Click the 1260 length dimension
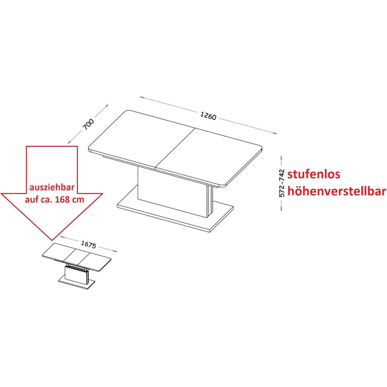(x=208, y=115)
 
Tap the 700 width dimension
(x=88, y=124)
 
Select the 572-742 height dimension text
(x=281, y=183)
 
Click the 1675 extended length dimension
(x=88, y=244)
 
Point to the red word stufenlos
(x=313, y=174)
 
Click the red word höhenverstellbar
(x=337, y=191)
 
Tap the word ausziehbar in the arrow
(x=52, y=187)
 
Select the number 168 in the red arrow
(x=62, y=199)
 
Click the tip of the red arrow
(x=52, y=240)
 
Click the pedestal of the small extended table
(x=76, y=273)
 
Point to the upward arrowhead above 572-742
(x=281, y=157)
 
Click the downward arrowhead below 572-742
(x=281, y=209)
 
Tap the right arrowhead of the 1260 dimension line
(x=274, y=133)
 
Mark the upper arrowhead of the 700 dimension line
(x=107, y=106)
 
